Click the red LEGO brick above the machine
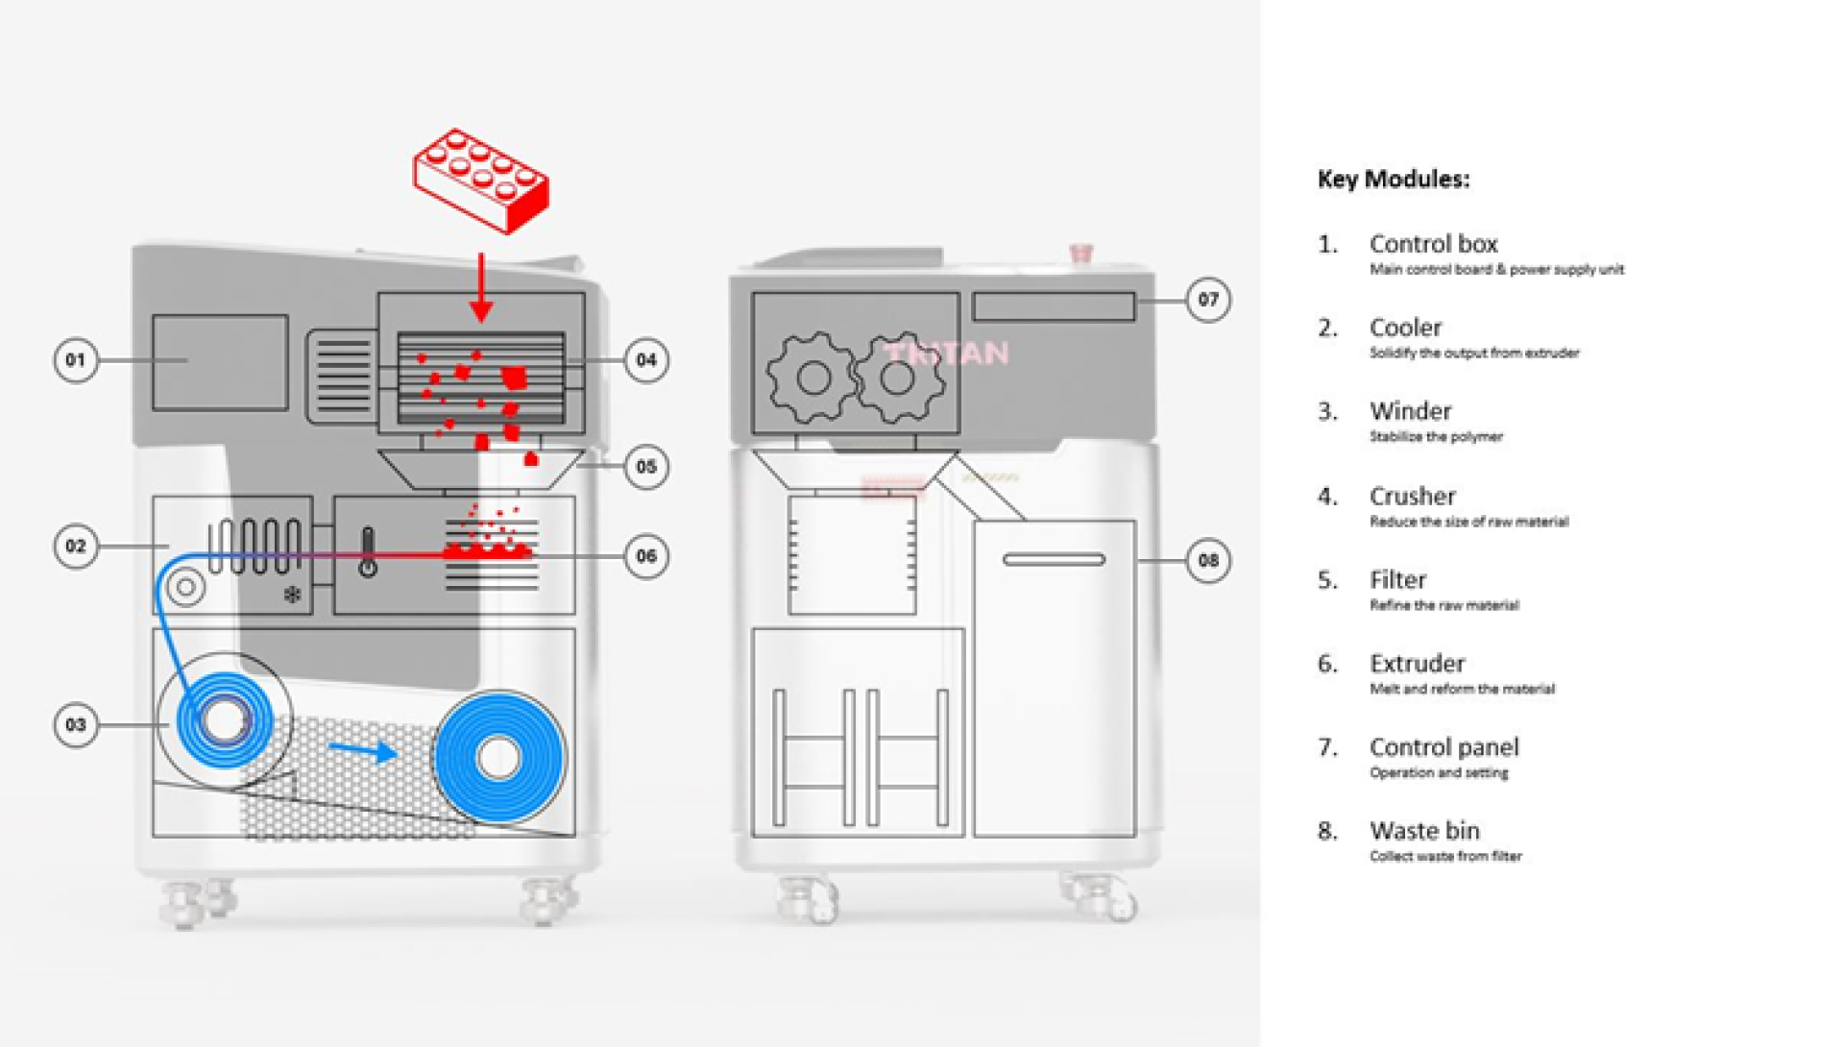480,181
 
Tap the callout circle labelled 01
75,360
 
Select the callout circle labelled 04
646,360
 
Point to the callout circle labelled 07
1207,300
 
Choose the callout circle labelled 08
1207,560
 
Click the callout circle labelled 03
75,724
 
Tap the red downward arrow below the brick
481,287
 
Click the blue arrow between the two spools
362,750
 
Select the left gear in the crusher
812,377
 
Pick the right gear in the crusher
898,377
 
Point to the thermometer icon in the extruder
368,552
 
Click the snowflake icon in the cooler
292,596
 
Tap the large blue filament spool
498,758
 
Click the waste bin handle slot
1054,559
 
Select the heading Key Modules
1393,180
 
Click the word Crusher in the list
1412,497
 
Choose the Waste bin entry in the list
1424,831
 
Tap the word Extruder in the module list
1417,664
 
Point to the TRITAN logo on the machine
948,353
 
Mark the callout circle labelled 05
646,467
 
